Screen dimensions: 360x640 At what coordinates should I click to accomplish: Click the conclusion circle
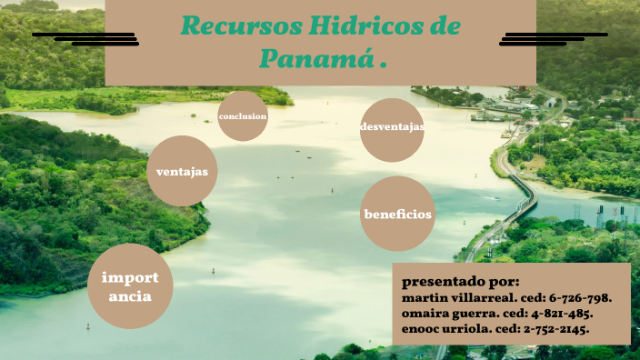(x=242, y=116)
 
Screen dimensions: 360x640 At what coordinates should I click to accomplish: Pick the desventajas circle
(x=392, y=128)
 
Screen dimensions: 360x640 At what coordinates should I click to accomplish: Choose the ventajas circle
(x=182, y=171)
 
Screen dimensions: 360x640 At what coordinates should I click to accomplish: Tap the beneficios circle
(x=397, y=215)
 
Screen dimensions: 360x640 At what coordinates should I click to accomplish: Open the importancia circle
(x=130, y=286)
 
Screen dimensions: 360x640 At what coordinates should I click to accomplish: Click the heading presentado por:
(x=460, y=281)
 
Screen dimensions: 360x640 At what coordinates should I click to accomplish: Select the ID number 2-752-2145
(x=556, y=327)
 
